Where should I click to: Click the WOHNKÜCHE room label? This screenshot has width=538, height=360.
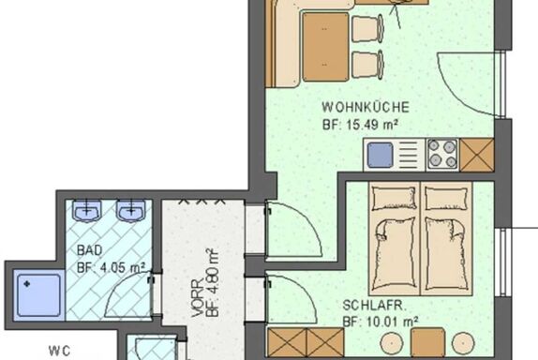366,107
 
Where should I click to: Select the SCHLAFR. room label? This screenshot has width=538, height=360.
375,305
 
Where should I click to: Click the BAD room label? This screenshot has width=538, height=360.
90,250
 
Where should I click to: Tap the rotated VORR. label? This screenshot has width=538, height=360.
197,298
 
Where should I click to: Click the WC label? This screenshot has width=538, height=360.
60,351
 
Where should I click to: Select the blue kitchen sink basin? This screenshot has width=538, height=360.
381,156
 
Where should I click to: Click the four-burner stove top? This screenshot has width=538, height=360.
442,154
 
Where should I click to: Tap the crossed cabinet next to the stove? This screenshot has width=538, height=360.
476,155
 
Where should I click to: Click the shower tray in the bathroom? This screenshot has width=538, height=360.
38,295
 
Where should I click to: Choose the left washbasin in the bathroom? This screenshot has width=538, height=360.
87,210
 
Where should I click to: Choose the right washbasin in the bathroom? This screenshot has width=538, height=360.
130,210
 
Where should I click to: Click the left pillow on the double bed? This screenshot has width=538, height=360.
395,198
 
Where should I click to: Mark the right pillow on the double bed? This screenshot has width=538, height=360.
446,198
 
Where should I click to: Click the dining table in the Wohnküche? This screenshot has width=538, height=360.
325,47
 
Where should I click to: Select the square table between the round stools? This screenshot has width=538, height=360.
427,342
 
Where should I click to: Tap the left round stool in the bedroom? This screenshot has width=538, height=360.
392,342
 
